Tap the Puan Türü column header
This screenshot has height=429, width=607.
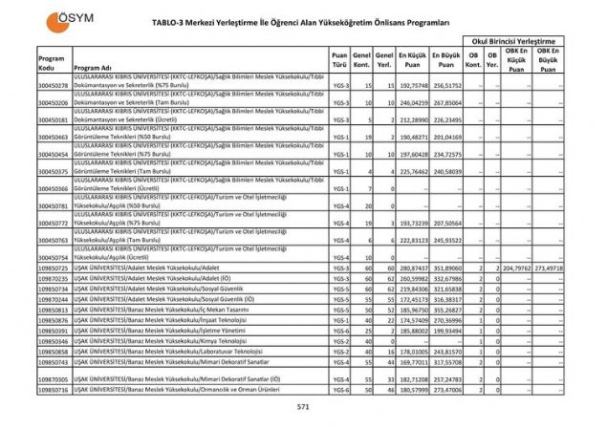pos(338,59)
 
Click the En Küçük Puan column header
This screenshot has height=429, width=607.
pos(412,59)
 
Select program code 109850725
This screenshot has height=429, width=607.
pos(53,268)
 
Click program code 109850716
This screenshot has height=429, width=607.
pos(53,390)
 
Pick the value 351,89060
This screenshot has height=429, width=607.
pos(445,268)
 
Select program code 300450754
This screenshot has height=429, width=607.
pos(53,257)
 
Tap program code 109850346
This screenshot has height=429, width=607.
pos(53,340)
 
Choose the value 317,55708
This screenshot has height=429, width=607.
pos(445,361)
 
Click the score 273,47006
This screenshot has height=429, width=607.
pos(445,390)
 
